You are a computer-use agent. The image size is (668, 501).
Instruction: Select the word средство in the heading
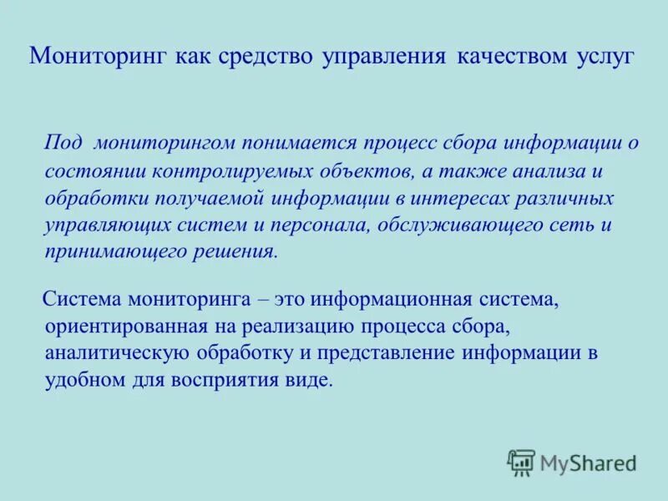[x=266, y=58]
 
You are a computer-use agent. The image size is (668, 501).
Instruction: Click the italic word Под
[x=63, y=142]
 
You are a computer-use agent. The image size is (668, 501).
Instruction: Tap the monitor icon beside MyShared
[x=521, y=462]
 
